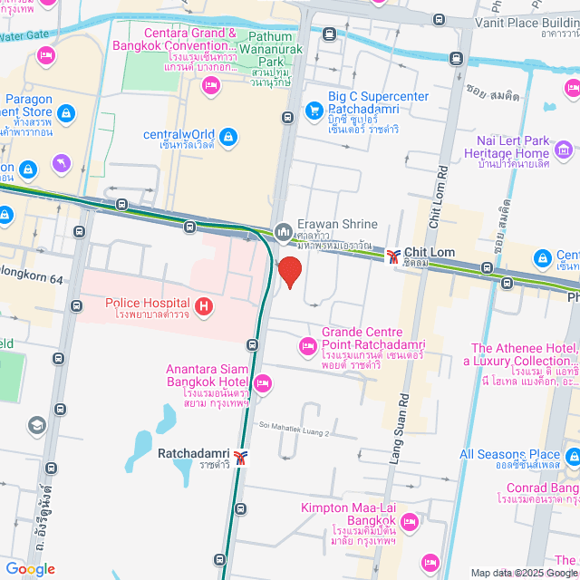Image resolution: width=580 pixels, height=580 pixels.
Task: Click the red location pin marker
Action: click(x=289, y=272)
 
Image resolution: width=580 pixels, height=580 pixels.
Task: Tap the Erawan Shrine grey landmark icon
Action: click(x=284, y=233)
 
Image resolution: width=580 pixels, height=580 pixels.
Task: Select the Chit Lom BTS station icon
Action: click(x=393, y=256)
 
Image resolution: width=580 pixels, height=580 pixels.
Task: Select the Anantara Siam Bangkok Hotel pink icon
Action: click(x=263, y=385)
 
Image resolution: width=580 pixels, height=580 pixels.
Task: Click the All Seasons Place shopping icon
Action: click(x=572, y=455)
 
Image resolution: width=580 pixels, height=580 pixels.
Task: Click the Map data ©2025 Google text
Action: click(x=523, y=573)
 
